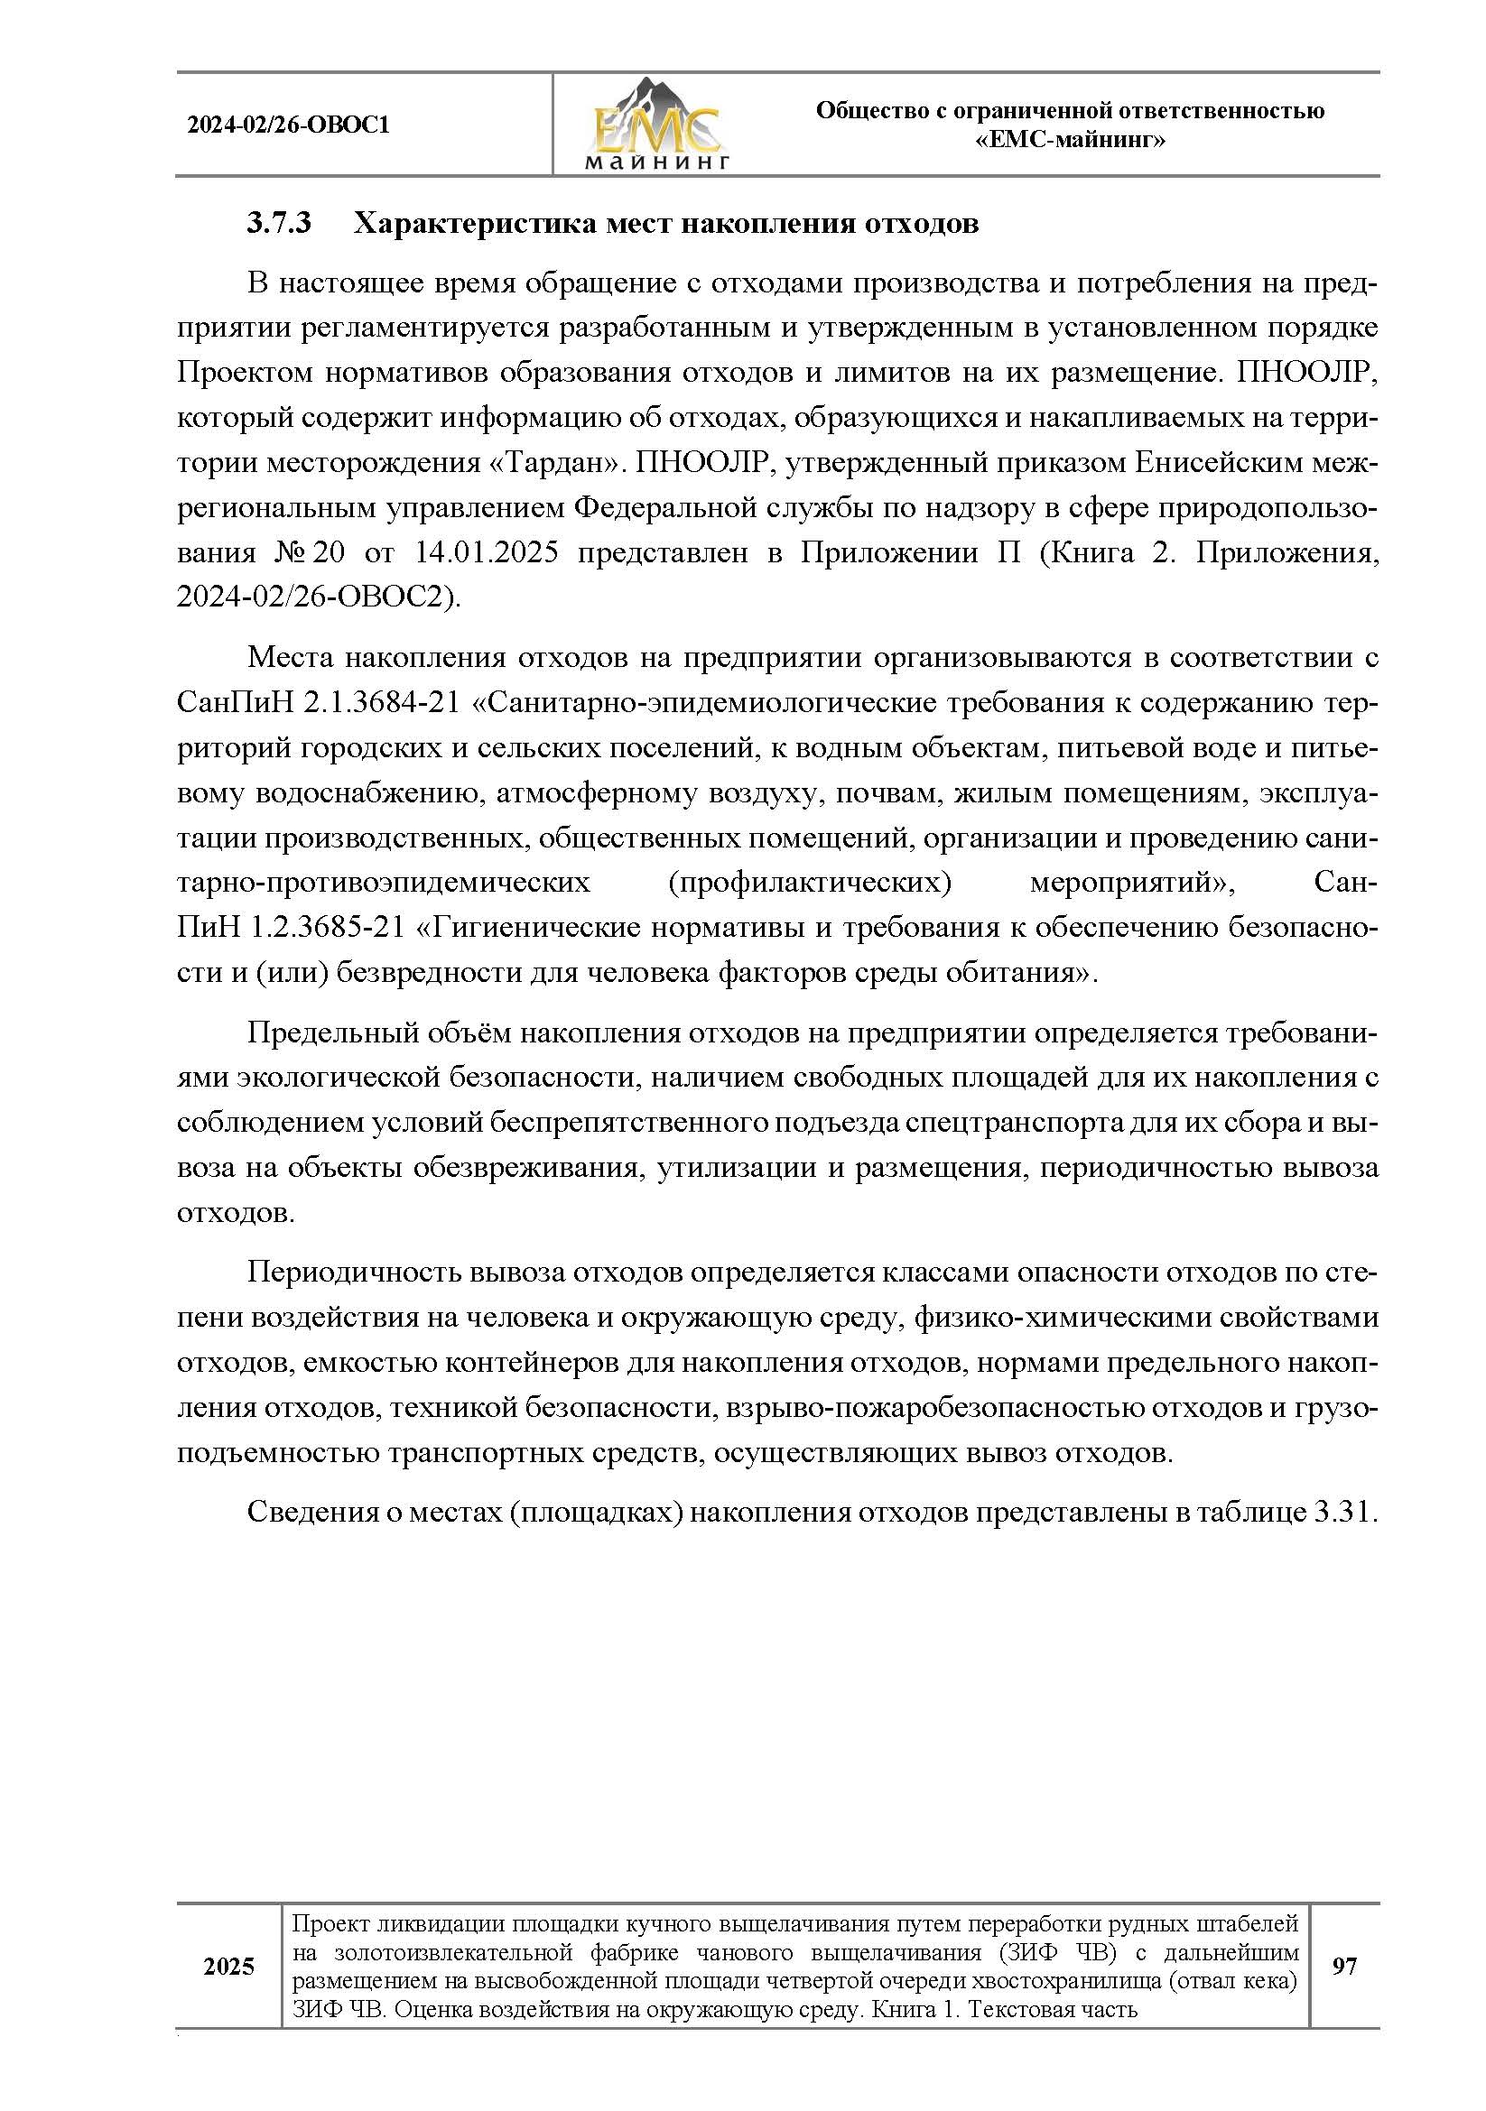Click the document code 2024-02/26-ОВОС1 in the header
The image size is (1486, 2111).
[x=288, y=125]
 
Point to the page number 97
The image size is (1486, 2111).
[x=1343, y=1967]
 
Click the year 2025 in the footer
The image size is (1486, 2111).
[x=229, y=1967]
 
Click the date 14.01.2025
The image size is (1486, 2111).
[x=487, y=552]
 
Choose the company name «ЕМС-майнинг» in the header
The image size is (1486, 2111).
[x=1070, y=141]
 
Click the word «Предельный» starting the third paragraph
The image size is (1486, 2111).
[x=330, y=1033]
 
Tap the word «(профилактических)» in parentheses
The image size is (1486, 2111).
[x=809, y=883]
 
